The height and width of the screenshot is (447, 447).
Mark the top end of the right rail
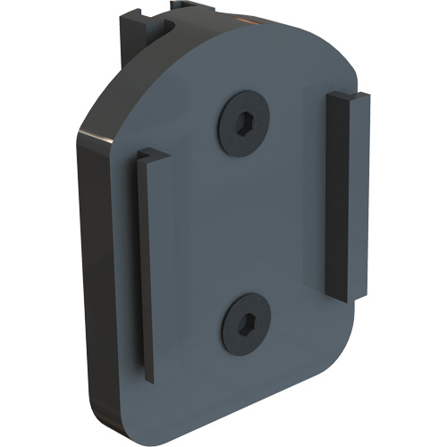[349, 95]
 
